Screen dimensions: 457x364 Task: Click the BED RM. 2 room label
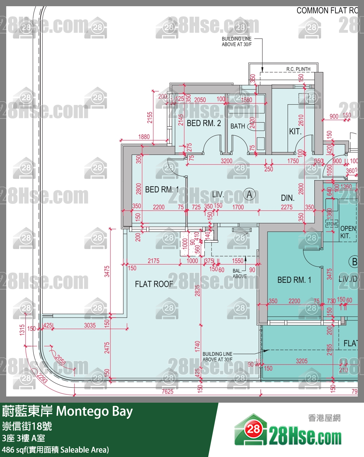[204, 123]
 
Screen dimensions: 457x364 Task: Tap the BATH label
[238, 126]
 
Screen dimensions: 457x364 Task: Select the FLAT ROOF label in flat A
[154, 284]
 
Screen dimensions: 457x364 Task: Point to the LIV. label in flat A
[218, 195]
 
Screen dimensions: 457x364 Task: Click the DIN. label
[287, 198]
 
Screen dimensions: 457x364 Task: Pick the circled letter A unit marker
[249, 195]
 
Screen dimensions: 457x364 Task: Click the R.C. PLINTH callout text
[298, 69]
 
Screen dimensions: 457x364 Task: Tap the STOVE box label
[331, 224]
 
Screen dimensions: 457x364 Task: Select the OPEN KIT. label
[348, 232]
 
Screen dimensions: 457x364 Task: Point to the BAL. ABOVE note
[240, 274]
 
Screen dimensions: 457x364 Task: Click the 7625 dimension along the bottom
[168, 391]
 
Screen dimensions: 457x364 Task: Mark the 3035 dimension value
[90, 325]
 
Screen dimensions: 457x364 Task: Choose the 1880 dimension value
[144, 137]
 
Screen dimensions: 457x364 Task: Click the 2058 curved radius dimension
[60, 359]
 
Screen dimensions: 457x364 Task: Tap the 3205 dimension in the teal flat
[302, 361]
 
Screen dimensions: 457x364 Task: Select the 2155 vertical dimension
[150, 118]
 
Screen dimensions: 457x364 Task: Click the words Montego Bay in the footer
[94, 411]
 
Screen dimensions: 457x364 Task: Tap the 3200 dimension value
[226, 161]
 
